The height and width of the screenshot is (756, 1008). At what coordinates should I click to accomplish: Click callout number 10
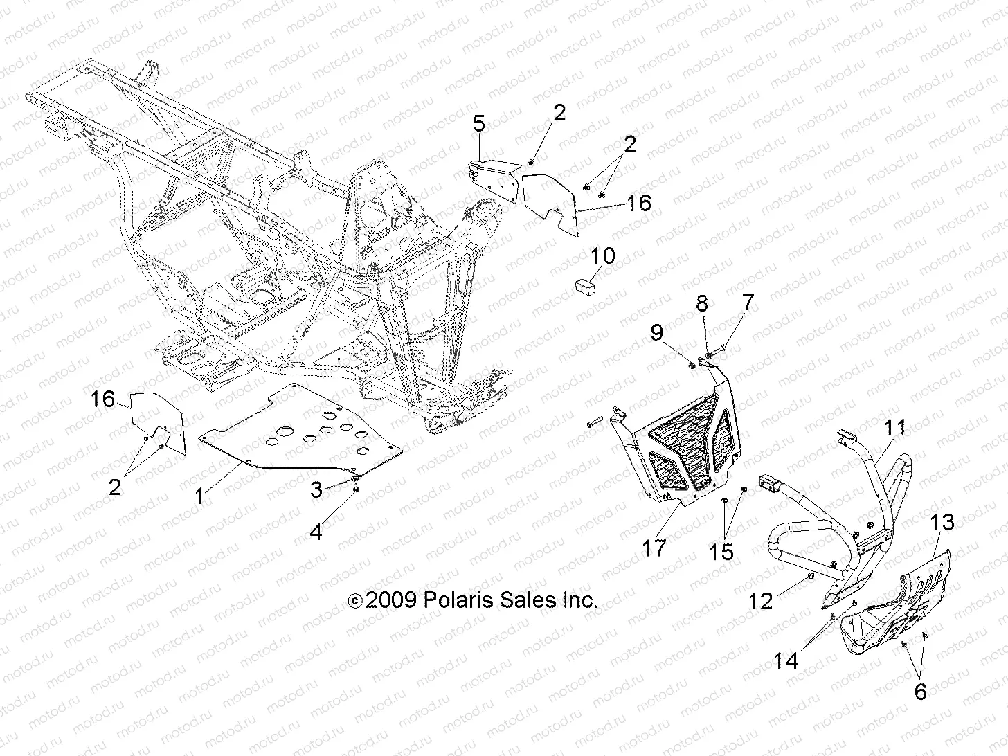pos(603,256)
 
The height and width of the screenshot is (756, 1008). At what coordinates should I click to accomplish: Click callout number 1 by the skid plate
pos(199,496)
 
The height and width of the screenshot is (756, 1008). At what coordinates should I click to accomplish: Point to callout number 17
pos(654,548)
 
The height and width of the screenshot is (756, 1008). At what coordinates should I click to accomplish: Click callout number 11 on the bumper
pos(896,429)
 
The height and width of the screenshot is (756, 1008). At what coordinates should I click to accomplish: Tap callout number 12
pos(761,601)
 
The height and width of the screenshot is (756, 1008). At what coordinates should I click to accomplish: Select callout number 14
pos(786,661)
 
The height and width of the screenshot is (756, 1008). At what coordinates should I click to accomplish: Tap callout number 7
pos(728,303)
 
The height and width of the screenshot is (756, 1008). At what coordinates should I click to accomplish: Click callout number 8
pos(702,303)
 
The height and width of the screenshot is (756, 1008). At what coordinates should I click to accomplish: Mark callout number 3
pos(316,490)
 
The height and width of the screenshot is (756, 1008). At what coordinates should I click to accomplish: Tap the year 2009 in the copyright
pos(390,600)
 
